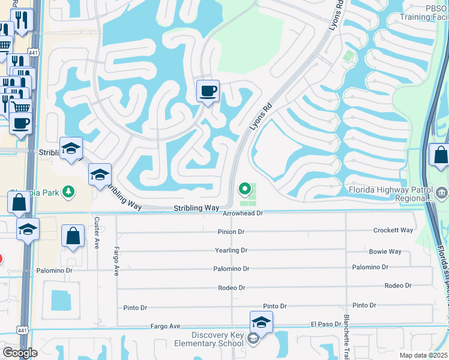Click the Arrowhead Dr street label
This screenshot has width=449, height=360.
point(243,213)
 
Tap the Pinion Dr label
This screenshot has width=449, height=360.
point(231,232)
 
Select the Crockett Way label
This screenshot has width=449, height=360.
point(393,230)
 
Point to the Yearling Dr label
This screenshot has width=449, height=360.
point(231,250)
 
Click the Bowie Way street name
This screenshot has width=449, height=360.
point(385,251)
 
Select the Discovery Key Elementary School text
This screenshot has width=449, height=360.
point(219,339)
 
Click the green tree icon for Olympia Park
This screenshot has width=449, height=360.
point(70,191)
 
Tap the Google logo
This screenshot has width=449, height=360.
point(19,352)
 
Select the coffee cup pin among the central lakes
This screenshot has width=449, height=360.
point(208,91)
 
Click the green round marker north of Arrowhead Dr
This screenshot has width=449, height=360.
point(245,189)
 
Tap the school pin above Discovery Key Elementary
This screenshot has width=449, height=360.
point(261,322)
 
